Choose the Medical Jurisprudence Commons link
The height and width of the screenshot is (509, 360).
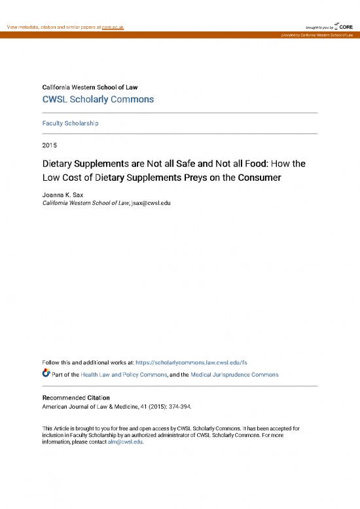[234, 375]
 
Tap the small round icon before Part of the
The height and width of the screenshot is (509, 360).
[46, 374]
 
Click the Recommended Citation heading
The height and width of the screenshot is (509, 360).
[76, 398]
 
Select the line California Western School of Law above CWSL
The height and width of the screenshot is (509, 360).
[90, 87]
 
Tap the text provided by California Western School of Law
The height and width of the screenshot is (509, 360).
[317, 35]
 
